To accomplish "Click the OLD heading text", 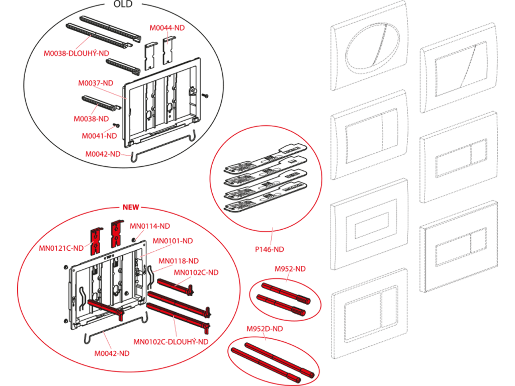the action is coord(123,4).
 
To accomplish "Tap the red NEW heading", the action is coord(131,207).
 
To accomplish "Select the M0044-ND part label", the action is coord(167,28).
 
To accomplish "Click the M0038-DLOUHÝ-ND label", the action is coord(76,53).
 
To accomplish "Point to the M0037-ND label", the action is coord(96,83).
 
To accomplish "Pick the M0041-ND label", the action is coord(99,136).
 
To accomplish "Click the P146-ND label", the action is coord(270,249).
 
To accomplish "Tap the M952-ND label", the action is coord(290,269).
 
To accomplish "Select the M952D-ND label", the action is coord(265,329).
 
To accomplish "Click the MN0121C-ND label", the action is coord(61,248).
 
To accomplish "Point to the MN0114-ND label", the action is coord(150,226).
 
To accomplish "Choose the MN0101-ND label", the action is coord(173,241).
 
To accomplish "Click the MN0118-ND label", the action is coord(179,261).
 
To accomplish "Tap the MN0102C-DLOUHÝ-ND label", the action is coord(171,342).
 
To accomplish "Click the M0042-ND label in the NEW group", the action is coord(112,353).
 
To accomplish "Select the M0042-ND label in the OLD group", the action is coord(103,154).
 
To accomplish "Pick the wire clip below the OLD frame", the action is coord(163,147).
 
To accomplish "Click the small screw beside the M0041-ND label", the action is coord(116,125).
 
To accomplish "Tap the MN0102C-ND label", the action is coord(196,272).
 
